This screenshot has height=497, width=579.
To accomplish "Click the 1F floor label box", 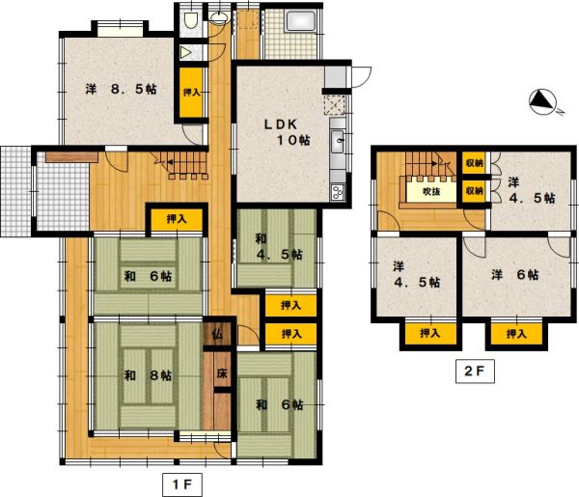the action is [x=182, y=484].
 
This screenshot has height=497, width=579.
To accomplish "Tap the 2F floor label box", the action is [x=475, y=371].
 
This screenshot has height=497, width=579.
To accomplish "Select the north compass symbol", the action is [x=543, y=102].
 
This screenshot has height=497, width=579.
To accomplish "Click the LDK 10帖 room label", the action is [x=287, y=132].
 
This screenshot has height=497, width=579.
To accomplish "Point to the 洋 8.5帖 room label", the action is [x=121, y=89].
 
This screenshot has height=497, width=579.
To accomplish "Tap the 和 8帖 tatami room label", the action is [x=148, y=375].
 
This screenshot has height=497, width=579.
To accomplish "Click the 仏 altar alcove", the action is [x=217, y=334].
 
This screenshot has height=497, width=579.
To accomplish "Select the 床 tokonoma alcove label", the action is [x=222, y=373].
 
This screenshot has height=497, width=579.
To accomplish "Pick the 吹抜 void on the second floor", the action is [x=431, y=191].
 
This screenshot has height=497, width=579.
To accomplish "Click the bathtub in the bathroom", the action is [x=300, y=22].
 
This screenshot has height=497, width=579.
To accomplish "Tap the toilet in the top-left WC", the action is [x=190, y=20].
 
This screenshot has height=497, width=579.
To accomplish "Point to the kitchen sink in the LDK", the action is [x=338, y=141].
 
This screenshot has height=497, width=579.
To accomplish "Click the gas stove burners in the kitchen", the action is [x=337, y=192].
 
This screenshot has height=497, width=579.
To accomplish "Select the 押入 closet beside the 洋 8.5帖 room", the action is [x=191, y=93].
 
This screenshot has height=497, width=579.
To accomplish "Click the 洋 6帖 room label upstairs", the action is [x=514, y=275].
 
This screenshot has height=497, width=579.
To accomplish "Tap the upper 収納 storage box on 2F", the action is [x=475, y=162].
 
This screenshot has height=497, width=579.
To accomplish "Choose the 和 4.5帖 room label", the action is [x=279, y=247].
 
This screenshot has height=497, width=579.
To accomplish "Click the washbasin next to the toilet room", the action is [x=219, y=17].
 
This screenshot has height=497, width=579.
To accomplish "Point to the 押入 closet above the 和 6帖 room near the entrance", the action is [x=177, y=220].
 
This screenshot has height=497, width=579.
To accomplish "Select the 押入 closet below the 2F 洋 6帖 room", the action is [x=516, y=334].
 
